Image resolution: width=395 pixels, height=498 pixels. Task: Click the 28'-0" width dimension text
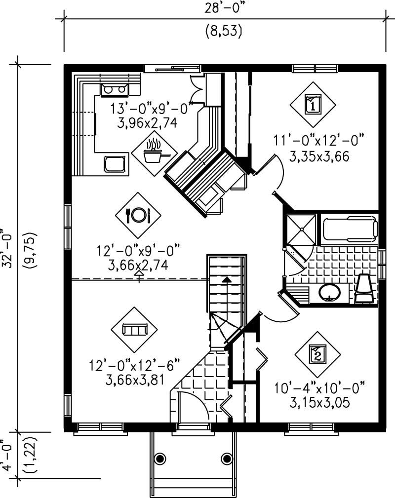pyautogui.click(x=223, y=9)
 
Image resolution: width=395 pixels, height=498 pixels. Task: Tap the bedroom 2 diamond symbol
pyautogui.click(x=317, y=353)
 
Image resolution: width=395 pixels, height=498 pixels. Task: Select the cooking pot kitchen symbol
pyautogui.click(x=155, y=153)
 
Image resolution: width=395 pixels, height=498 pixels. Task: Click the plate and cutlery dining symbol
pyautogui.click(x=139, y=215)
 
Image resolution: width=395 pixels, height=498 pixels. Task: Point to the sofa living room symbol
pyautogui.click(x=134, y=329)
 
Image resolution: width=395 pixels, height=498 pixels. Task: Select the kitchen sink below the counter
pyautogui.click(x=115, y=162)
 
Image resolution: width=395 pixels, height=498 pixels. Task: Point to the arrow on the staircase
pyautogui.click(x=226, y=280)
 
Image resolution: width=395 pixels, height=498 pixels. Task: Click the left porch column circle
pyautogui.click(x=160, y=458)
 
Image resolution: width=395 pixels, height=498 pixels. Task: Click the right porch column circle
pyautogui.click(x=227, y=458)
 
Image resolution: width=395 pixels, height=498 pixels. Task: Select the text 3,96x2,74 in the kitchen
pyautogui.click(x=147, y=122)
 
